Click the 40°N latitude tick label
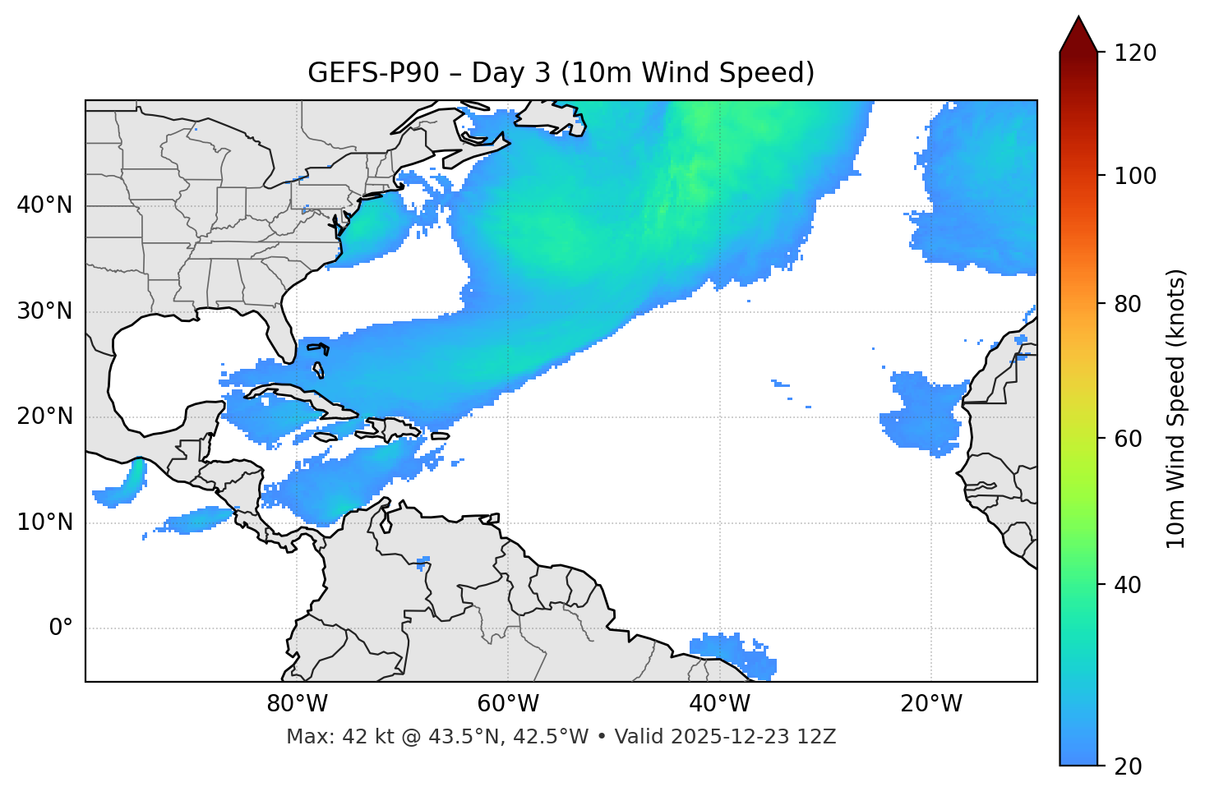pos(44,205)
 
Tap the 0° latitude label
pos(60,628)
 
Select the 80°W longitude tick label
pos(297,704)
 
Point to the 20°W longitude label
pos(931,704)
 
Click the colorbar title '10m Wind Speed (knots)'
pos(1176,408)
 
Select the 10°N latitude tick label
pos(44,522)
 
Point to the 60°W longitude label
pos(508,704)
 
